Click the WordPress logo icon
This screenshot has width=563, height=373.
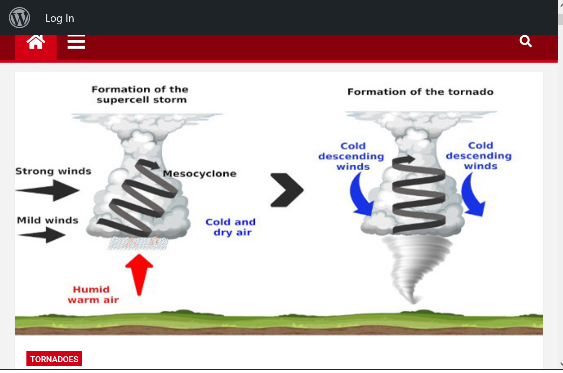pyautogui.click(x=19, y=18)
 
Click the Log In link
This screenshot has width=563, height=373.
pyautogui.click(x=60, y=18)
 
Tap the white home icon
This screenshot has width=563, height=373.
pyautogui.click(x=36, y=42)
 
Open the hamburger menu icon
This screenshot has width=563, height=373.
pyautogui.click(x=76, y=42)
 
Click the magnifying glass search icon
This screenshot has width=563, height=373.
pyautogui.click(x=526, y=41)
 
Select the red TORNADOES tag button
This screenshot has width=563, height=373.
pyautogui.click(x=54, y=359)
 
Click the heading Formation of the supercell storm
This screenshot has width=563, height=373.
pyautogui.click(x=140, y=94)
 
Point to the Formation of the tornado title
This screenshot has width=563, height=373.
pyautogui.click(x=420, y=91)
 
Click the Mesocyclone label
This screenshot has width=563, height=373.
pyautogui.click(x=200, y=174)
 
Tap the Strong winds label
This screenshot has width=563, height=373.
pyautogui.click(x=53, y=171)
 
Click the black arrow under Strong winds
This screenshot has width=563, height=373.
pyautogui.click(x=47, y=190)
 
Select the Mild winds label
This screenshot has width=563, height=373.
pyautogui.click(x=48, y=220)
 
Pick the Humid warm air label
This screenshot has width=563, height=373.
pyautogui.click(x=93, y=294)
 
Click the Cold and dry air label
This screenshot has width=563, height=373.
pyautogui.click(x=231, y=227)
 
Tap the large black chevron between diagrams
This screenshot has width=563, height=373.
pyautogui.click(x=287, y=190)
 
